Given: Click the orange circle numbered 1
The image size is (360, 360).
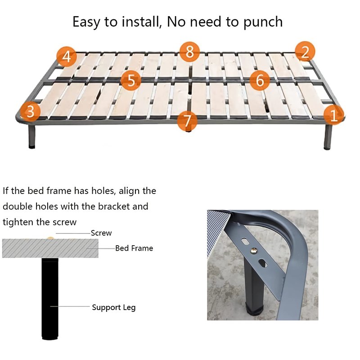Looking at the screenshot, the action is click(x=333, y=115).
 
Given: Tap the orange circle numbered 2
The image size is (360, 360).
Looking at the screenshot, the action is click(x=305, y=52).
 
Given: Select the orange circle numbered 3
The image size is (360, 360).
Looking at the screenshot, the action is click(x=30, y=112).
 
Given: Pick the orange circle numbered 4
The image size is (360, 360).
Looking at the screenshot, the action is click(x=67, y=57).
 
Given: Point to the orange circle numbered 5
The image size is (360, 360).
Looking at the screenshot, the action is click(x=131, y=81).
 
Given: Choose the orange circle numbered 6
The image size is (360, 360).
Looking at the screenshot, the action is click(x=260, y=81).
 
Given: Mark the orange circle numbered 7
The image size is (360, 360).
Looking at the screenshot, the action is click(x=187, y=121).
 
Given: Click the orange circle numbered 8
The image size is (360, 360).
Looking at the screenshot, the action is click(x=189, y=52).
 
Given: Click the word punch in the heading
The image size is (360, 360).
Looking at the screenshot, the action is click(x=263, y=22).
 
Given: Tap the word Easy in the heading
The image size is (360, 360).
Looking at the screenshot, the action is click(x=86, y=22).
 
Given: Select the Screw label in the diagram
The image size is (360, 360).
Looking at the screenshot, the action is click(x=101, y=233).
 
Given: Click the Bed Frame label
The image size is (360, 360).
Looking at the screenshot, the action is click(x=134, y=248).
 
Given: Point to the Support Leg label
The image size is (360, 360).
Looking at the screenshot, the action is click(x=114, y=307).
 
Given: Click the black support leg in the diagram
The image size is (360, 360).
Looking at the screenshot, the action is click(x=50, y=299).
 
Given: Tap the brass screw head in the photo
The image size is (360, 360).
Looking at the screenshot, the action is click(x=254, y=251).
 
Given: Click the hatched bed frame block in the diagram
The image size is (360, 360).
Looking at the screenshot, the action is click(x=50, y=248).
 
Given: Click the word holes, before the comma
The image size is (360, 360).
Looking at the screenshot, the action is click(x=103, y=191).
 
